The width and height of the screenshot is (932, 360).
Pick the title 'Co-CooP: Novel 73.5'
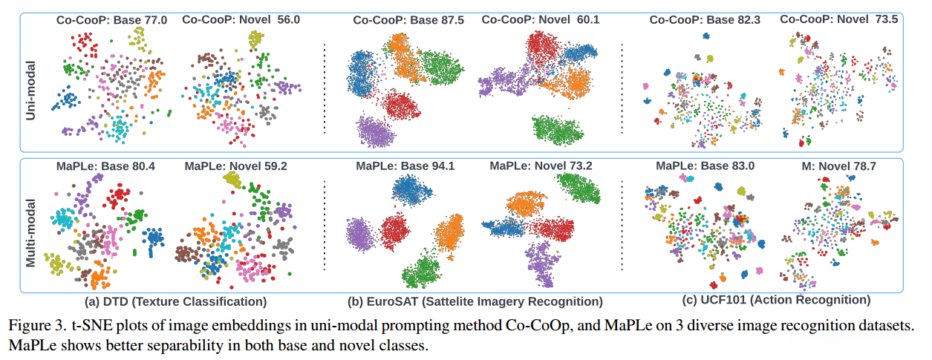click(839, 20)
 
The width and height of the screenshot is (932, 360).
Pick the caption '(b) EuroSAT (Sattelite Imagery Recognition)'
click(475, 301)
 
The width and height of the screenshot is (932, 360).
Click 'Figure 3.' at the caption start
click(33, 325)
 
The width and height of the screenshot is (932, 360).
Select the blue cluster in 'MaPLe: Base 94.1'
click(409, 194)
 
